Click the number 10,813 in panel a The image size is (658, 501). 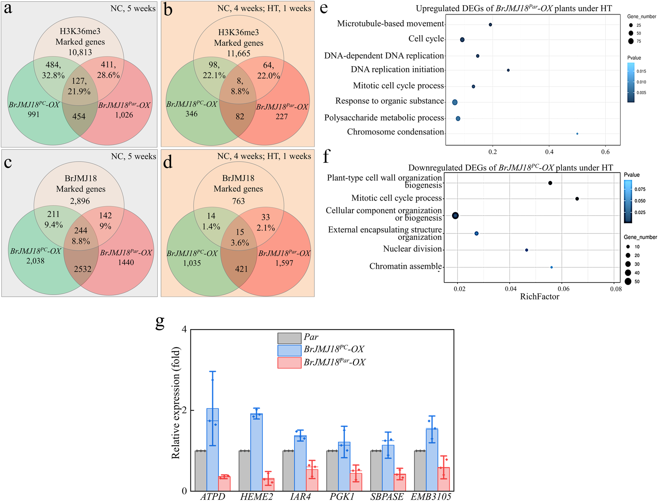click(x=80, y=52)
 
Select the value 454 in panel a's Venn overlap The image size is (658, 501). click(x=79, y=117)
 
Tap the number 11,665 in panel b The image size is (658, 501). click(x=239, y=53)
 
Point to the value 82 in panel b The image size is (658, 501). click(x=240, y=117)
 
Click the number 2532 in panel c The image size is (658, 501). click(x=83, y=269)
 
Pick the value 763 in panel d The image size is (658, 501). click(x=239, y=201)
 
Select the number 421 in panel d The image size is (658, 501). click(x=241, y=269)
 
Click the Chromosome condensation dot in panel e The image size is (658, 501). click(x=577, y=134)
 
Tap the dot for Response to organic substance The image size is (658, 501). click(x=455, y=102)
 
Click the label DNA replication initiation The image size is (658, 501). click(x=397, y=69)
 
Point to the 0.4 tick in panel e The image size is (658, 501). click(x=549, y=152)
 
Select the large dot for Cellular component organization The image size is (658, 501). click(x=455, y=216)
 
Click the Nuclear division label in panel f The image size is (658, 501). click(x=412, y=249)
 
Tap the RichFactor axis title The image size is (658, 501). click(x=540, y=297)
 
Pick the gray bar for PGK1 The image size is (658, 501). click(x=332, y=471)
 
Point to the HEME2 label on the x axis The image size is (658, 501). click(x=256, y=496)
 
